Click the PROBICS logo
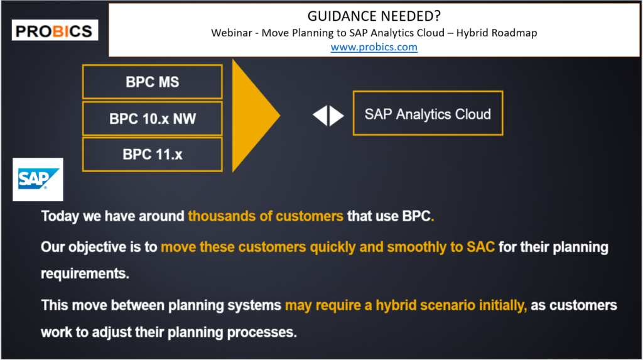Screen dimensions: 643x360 pos(55,30)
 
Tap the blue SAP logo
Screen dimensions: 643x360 pos(38,180)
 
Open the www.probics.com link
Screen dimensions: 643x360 pos(374,47)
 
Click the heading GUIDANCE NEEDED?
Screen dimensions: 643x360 pos(374,16)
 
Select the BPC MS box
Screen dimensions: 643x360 pos(153,82)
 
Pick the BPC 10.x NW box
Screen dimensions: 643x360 pos(153,118)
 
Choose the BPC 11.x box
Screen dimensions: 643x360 pos(153,155)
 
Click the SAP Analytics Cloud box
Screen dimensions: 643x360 pos(428,113)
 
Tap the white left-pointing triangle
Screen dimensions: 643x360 pos(321,116)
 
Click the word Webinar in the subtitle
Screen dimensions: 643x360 pos(231,33)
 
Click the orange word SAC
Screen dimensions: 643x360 pos(480,247)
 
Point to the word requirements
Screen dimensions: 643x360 pos(85,274)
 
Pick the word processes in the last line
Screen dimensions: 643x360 pos(262,332)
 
